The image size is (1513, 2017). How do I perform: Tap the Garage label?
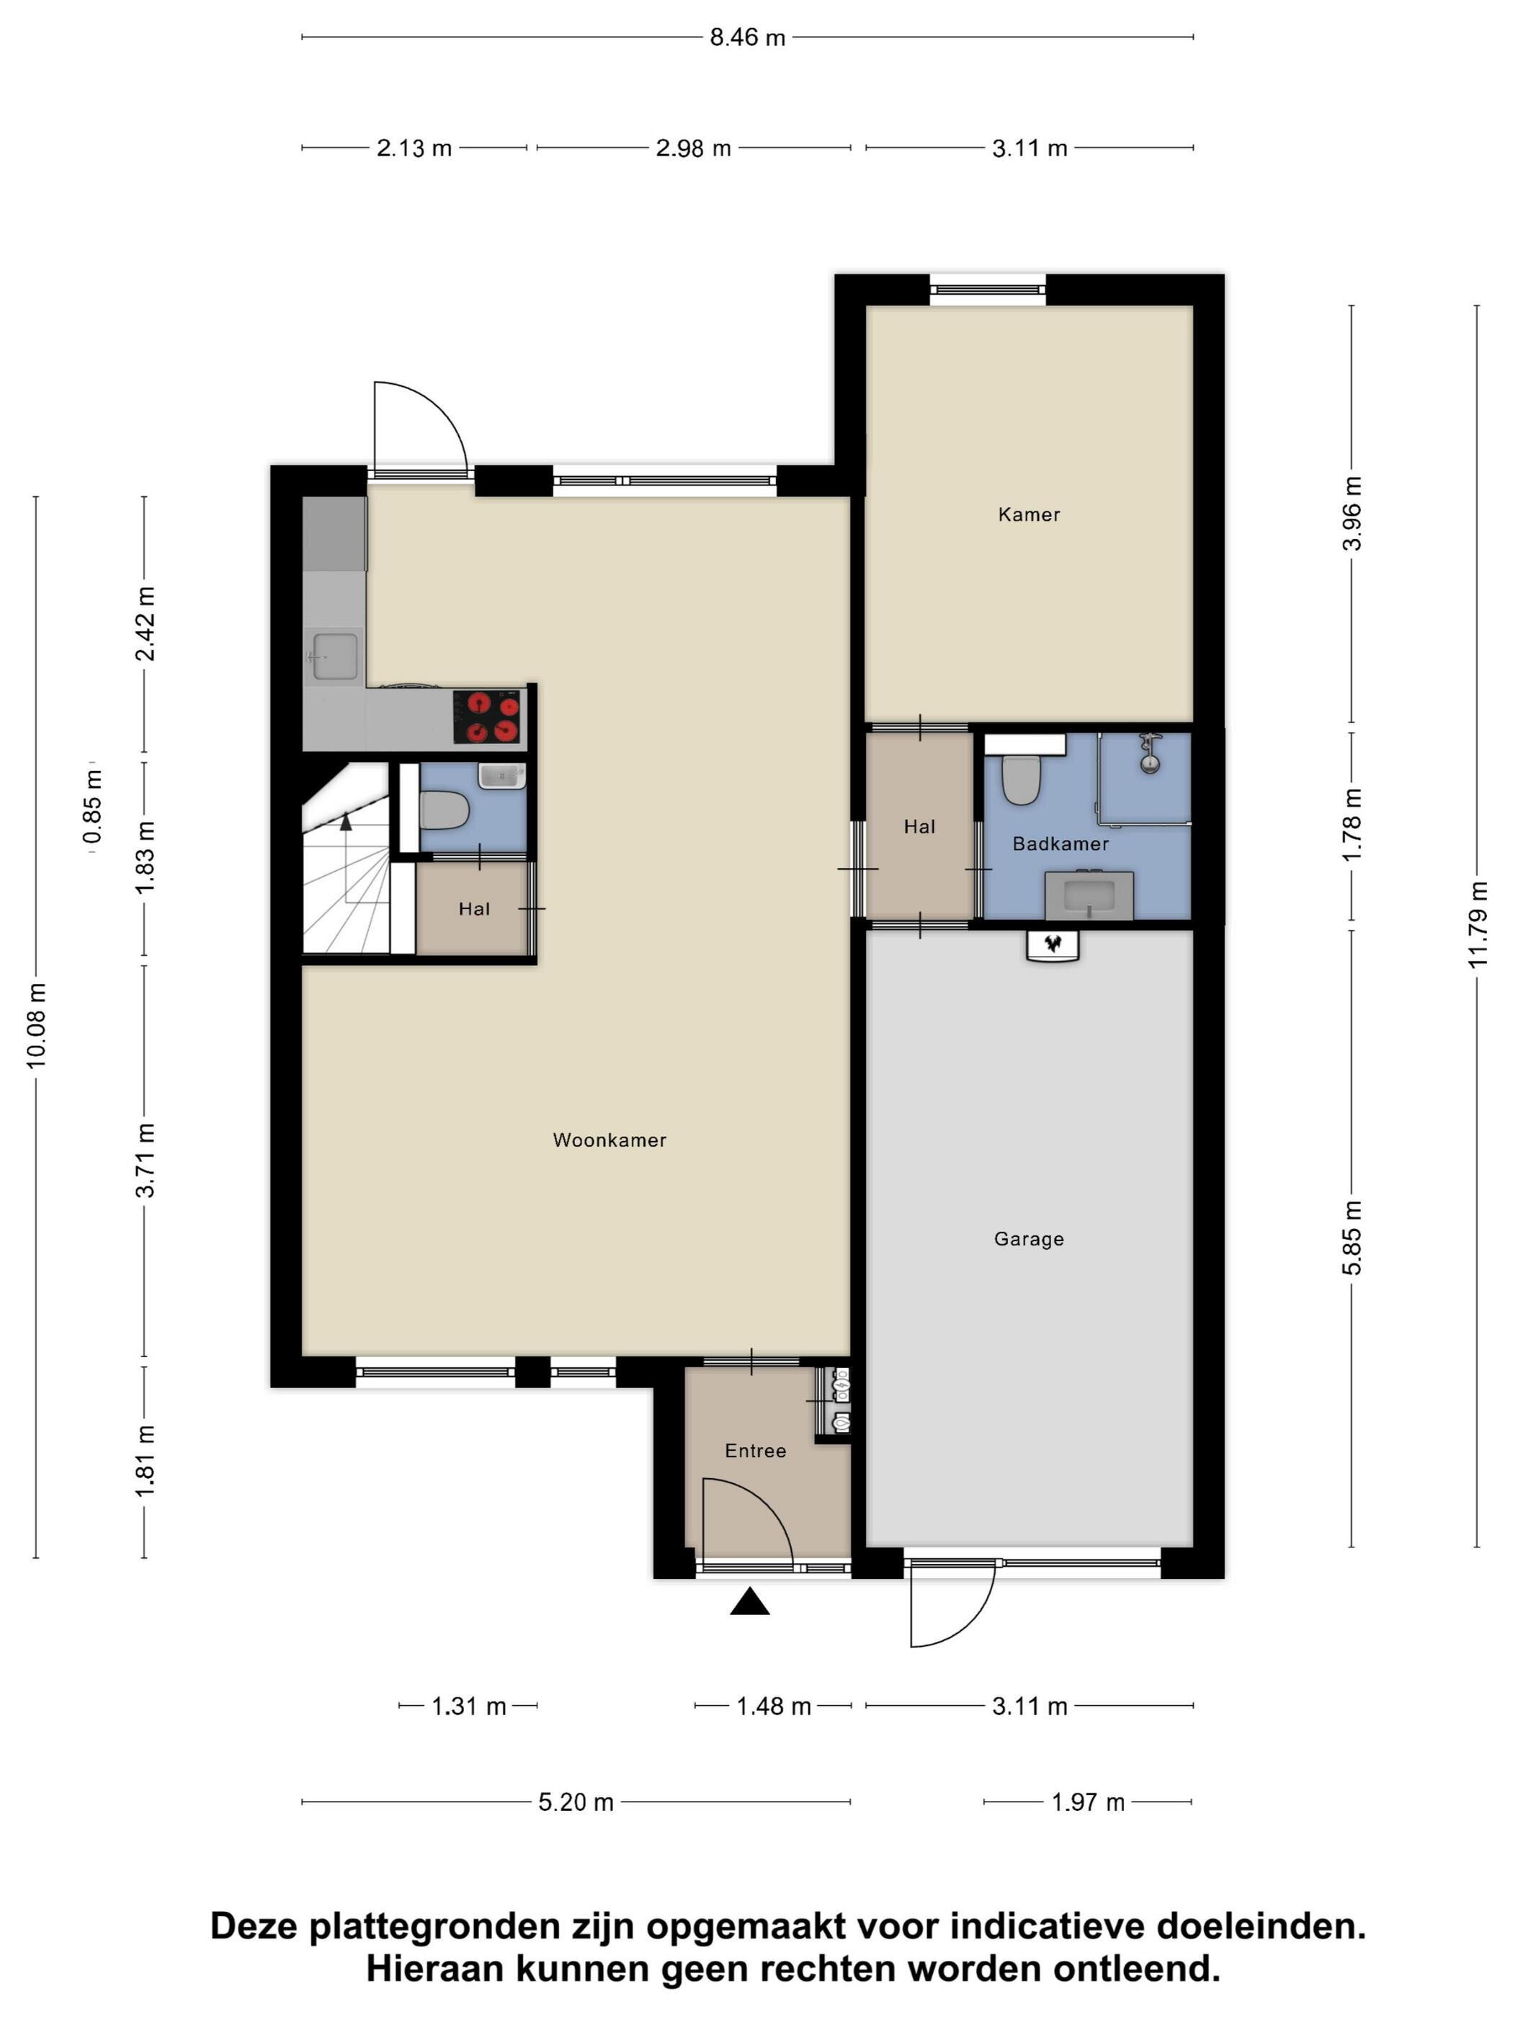click(1029, 1238)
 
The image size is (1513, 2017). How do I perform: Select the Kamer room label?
click(1029, 514)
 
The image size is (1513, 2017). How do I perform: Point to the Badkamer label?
click(1061, 844)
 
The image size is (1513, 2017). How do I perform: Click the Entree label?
click(755, 1451)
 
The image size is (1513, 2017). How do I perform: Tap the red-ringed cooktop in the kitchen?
click(488, 717)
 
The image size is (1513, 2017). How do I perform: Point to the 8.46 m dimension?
click(748, 37)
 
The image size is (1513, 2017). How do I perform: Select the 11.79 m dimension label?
click(1478, 926)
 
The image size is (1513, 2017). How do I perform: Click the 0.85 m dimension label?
click(92, 806)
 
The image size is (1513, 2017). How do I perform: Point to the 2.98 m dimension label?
click(693, 148)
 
